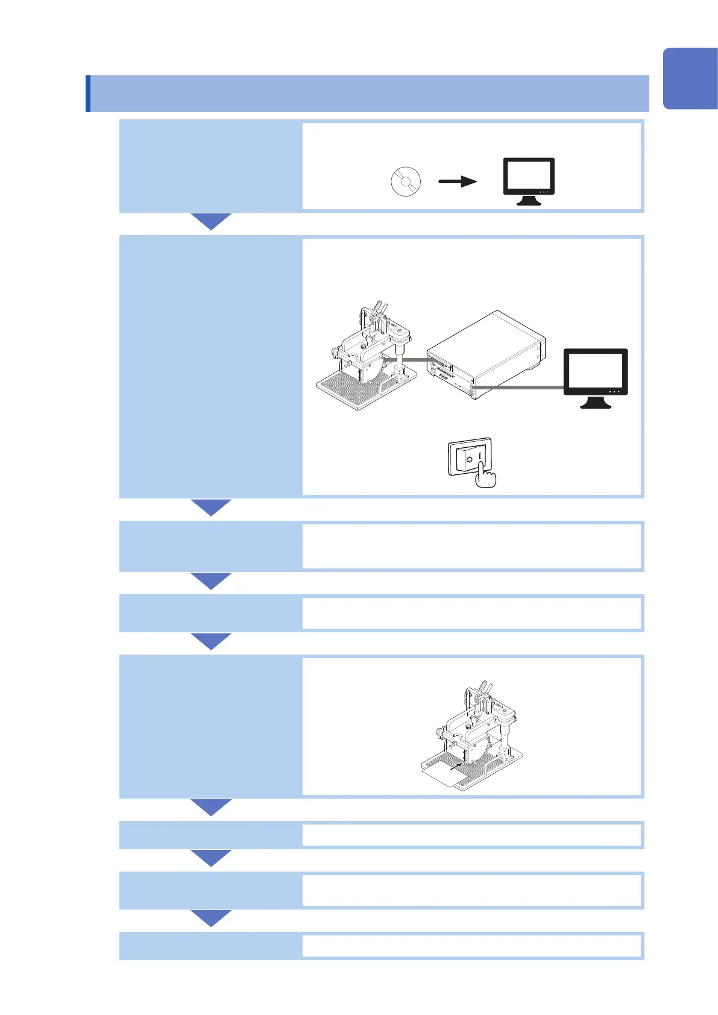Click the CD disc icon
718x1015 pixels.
[x=406, y=181]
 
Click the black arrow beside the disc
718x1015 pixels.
[x=458, y=181]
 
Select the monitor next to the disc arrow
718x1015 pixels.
[x=529, y=177]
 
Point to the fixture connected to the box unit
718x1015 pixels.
[x=367, y=359]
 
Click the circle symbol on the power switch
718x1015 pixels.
[x=468, y=460]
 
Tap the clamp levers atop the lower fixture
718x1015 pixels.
[x=483, y=688]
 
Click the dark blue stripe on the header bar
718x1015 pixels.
[x=88, y=93]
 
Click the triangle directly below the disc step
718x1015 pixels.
[x=211, y=221]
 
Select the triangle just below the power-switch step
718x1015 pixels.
[x=211, y=507]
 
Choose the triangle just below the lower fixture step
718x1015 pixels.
[x=211, y=807]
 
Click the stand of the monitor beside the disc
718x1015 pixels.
[x=529, y=201]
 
